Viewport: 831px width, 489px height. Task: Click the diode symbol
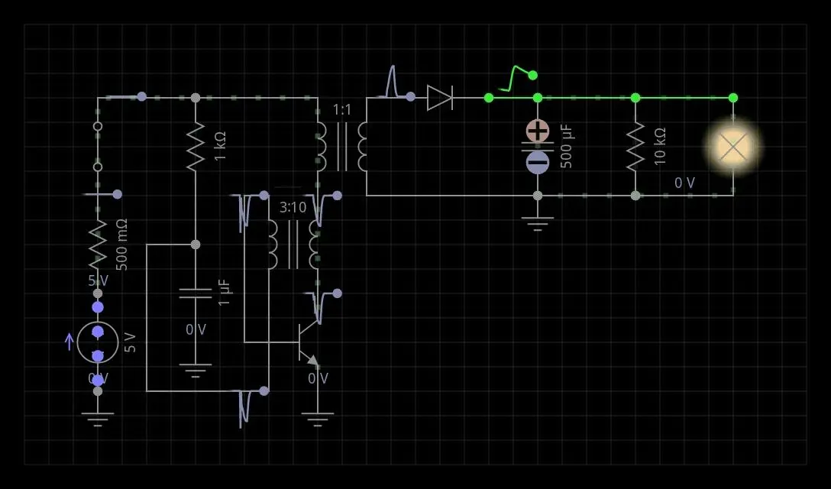(440, 98)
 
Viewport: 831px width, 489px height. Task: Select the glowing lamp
(733, 147)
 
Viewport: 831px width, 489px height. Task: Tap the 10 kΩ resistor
(635, 147)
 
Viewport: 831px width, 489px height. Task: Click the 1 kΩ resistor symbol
(196, 145)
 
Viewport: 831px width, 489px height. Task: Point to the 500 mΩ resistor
(98, 243)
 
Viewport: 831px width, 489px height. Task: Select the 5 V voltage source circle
(98, 342)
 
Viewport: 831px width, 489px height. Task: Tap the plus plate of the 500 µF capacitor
(538, 131)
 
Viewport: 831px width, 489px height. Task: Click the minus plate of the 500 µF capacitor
(538, 162)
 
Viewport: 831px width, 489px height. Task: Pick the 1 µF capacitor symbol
(196, 293)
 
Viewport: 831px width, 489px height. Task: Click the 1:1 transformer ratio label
(342, 110)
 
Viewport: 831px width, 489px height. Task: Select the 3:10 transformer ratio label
(293, 208)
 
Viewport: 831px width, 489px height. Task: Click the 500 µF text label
(567, 146)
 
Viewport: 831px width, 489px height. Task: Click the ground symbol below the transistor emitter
(318, 419)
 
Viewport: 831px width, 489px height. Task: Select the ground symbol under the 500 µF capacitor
(538, 223)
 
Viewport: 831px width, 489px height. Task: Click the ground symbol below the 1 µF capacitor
(196, 371)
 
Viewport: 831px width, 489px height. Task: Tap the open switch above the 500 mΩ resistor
(98, 146)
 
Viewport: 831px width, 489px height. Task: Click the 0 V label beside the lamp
(684, 183)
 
